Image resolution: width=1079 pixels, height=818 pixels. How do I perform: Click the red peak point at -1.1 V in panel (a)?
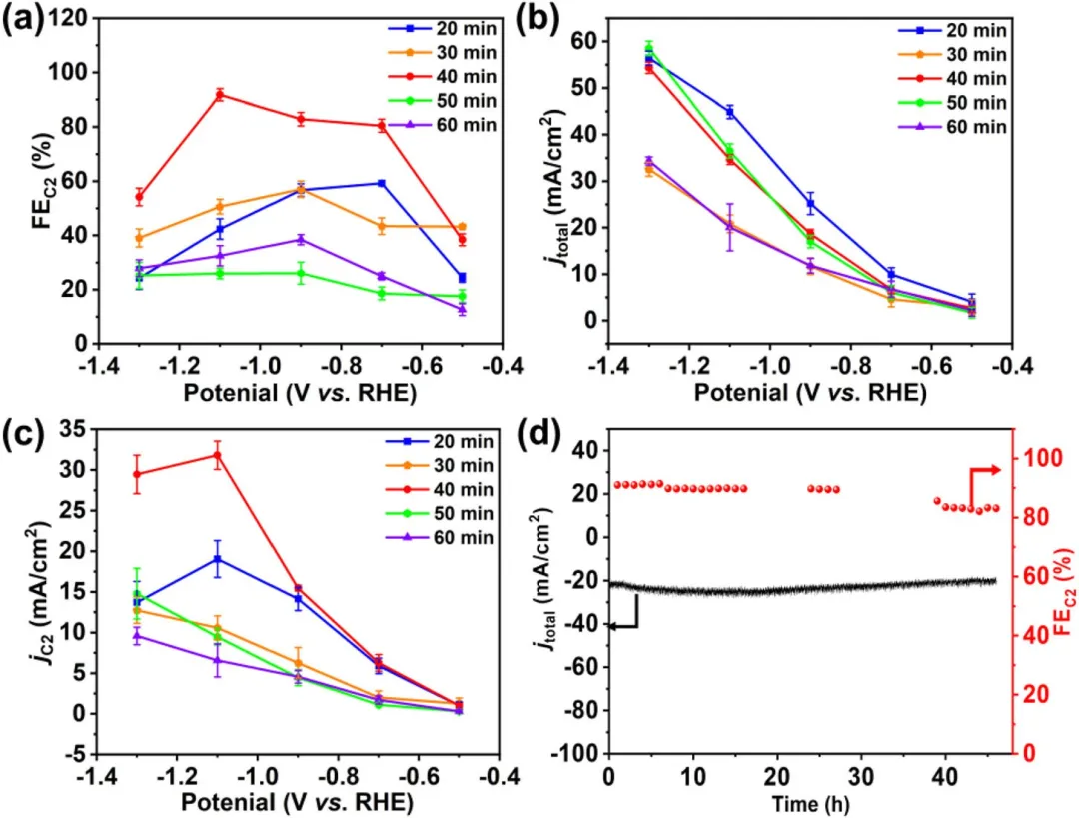pyautogui.click(x=219, y=95)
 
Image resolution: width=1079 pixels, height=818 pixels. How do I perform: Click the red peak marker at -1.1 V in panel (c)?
pyautogui.click(x=217, y=455)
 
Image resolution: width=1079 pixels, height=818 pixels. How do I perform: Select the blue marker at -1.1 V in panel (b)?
pyautogui.click(x=729, y=112)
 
